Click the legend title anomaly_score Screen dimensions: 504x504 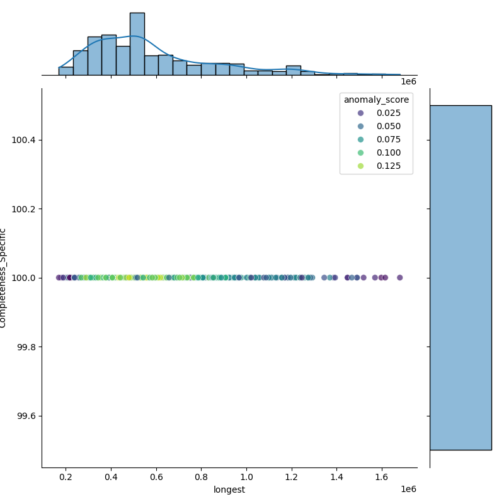point(376,100)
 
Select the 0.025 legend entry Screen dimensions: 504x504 point(376,113)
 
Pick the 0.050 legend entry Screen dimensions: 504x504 point(376,126)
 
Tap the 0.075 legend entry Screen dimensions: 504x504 point(376,139)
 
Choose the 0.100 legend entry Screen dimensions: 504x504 point(376,152)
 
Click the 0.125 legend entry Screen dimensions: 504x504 point(376,166)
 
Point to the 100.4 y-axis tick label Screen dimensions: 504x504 point(24,140)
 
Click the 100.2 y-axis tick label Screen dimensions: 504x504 point(24,209)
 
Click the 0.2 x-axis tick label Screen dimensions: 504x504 point(66,478)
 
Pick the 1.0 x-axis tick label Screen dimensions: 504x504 point(246,478)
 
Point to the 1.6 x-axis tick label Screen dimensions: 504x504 point(382,478)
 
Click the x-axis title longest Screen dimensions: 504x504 point(229,490)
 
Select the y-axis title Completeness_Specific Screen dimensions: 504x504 point(3,278)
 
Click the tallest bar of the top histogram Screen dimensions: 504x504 point(137,44)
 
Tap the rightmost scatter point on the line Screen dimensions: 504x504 point(399,277)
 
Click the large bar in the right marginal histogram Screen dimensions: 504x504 point(461,277)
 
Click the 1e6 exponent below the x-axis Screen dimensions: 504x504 point(408,490)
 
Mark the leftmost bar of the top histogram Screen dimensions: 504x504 point(66,71)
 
